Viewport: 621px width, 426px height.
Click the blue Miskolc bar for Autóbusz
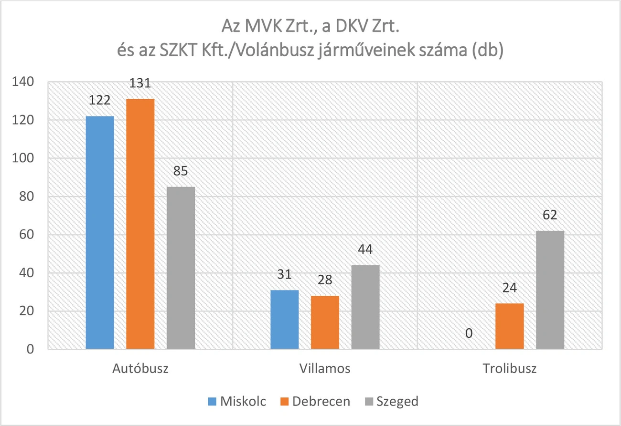pos(100,233)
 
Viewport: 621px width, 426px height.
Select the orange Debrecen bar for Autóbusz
pos(140,224)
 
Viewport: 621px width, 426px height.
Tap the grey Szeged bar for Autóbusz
pos(181,268)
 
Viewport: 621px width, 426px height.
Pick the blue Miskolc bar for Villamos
pos(285,320)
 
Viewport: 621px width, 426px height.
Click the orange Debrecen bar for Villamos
pos(325,322)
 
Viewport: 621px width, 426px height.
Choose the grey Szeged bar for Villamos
pos(365,307)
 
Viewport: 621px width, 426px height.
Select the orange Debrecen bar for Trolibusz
pos(510,326)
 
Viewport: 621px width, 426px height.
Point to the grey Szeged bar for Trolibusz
pos(550,290)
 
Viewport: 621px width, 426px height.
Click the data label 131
pos(140,83)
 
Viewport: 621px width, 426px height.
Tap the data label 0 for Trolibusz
pos(469,333)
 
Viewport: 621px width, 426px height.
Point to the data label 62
pos(550,215)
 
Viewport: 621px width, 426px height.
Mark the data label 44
pos(365,249)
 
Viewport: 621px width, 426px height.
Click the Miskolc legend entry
pos(237,401)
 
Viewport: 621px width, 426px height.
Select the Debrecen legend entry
pos(314,401)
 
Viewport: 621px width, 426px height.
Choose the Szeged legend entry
pos(390,401)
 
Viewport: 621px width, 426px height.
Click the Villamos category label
pos(325,369)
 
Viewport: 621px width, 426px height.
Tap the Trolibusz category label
pos(510,369)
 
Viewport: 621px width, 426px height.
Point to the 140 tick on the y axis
pos(23,82)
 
